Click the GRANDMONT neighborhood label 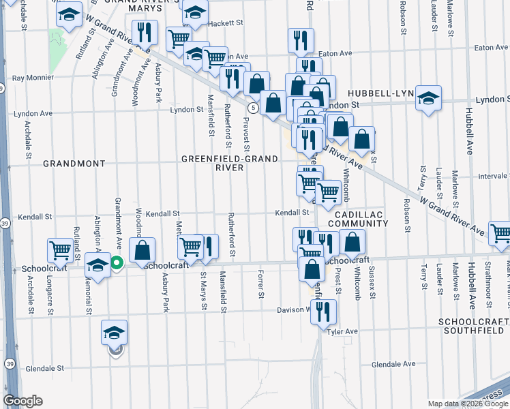click(74, 164)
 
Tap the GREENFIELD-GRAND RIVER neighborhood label click(230, 163)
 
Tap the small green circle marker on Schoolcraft click(117, 262)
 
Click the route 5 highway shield click(253, 108)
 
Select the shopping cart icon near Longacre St click(61, 250)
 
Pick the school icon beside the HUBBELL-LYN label click(429, 97)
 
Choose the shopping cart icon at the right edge click(500, 234)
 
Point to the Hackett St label click(226, 22)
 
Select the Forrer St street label click(260, 285)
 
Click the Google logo click(22, 401)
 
